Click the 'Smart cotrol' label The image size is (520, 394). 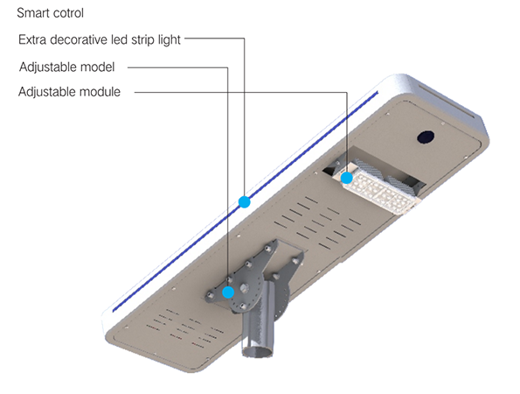click(50, 13)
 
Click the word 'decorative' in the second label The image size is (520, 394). click(79, 40)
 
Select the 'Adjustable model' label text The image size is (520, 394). click(66, 67)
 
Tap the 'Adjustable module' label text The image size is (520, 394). click(69, 92)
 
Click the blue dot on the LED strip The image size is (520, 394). click(245, 201)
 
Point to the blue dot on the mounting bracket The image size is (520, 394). click(228, 292)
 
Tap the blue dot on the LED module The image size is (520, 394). click(347, 178)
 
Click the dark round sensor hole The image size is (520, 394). click(426, 137)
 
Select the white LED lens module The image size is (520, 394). click(378, 190)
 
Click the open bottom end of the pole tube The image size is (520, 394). click(258, 351)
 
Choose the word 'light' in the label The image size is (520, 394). click(170, 40)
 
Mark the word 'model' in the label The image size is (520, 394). click(98, 67)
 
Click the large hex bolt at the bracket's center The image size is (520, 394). click(244, 287)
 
